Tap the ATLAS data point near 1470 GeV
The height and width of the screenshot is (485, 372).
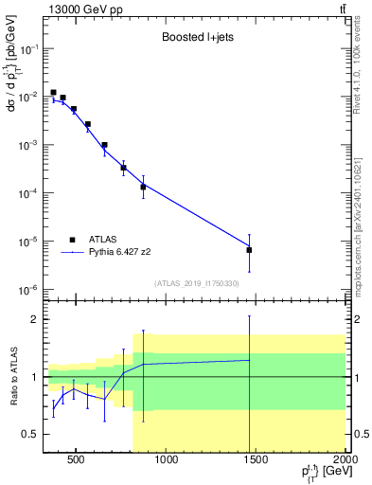249,250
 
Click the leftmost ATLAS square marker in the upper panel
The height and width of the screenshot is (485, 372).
53,93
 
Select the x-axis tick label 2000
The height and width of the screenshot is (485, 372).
345,461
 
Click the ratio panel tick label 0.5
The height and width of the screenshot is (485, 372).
28,434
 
